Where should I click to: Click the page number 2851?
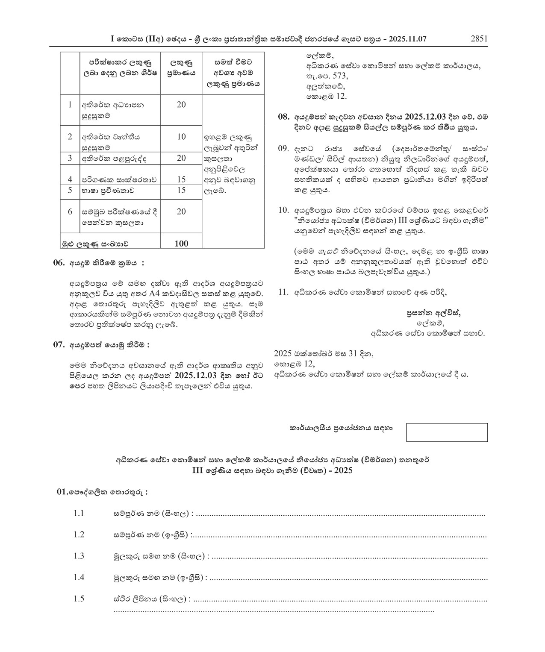coord(479,39)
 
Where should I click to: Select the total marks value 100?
coord(181,244)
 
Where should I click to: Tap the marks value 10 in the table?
coord(181,137)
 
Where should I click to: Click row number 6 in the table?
coord(70,211)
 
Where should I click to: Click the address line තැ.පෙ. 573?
coord(327,76)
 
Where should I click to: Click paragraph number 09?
coord(283,149)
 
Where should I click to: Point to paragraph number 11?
coord(283,293)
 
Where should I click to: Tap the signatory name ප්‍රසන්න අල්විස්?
coord(433,313)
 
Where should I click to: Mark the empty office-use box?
coord(447,432)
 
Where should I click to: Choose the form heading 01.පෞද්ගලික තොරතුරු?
coord(102,492)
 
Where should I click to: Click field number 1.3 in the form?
coord(79,556)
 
